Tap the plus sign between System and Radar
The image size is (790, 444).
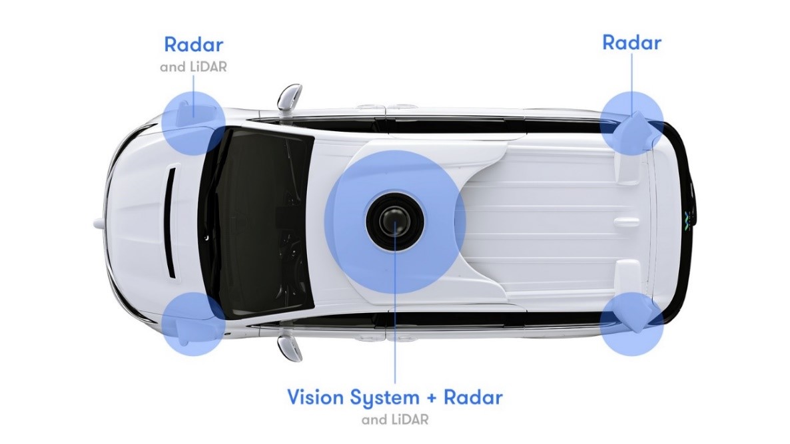tap(431, 397)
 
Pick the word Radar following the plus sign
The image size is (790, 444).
tap(473, 397)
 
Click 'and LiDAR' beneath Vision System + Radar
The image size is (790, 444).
tap(395, 419)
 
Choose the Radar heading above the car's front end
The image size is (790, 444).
tap(193, 45)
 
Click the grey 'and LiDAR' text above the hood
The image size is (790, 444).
tap(193, 67)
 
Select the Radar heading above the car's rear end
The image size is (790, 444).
tap(631, 43)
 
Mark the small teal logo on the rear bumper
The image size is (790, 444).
tap(687, 222)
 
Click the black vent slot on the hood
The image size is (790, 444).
tap(172, 222)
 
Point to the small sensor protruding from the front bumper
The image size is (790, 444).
tap(99, 222)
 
